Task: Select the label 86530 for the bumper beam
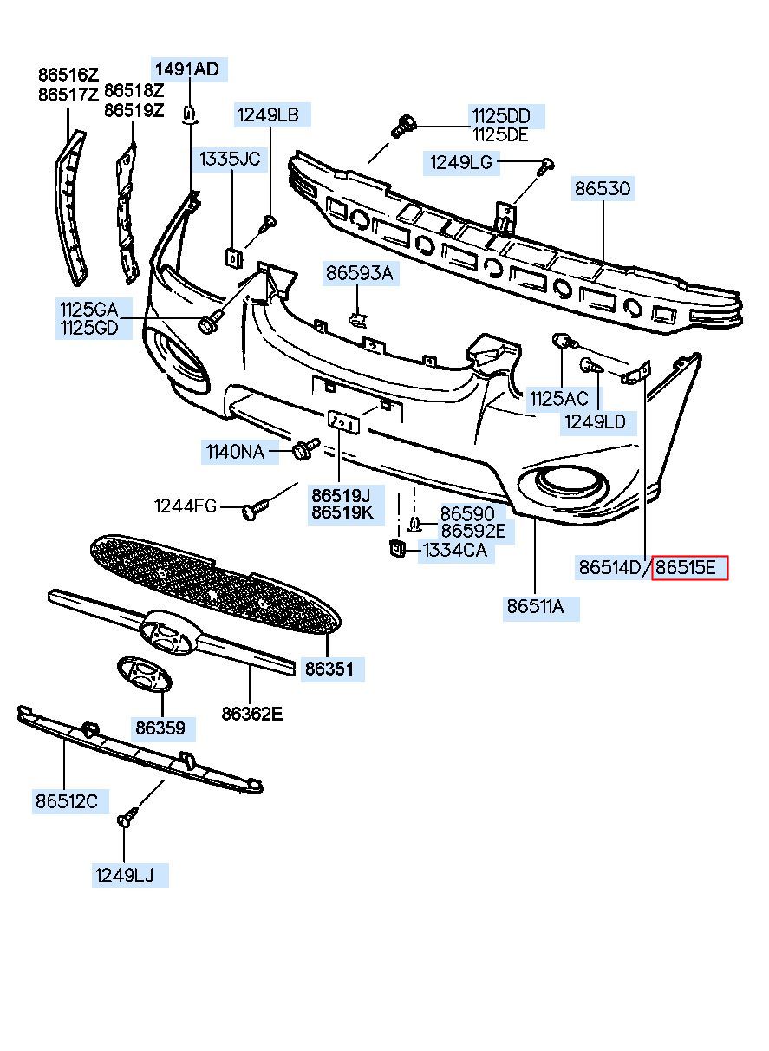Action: click(x=603, y=189)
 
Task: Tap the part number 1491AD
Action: click(x=187, y=69)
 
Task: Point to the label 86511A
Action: click(x=535, y=607)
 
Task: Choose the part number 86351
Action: click(x=329, y=668)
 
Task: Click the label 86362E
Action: click(x=252, y=714)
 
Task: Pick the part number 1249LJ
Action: click(x=124, y=875)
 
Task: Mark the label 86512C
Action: click(x=67, y=801)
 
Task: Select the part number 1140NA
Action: click(x=235, y=452)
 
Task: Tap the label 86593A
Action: click(x=360, y=272)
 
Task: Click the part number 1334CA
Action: click(x=454, y=550)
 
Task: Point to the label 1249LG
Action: click(x=461, y=162)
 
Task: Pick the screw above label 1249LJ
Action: click(x=127, y=817)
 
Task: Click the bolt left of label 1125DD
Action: click(x=403, y=126)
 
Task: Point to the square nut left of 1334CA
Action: click(x=397, y=549)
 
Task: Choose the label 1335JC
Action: click(x=230, y=159)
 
